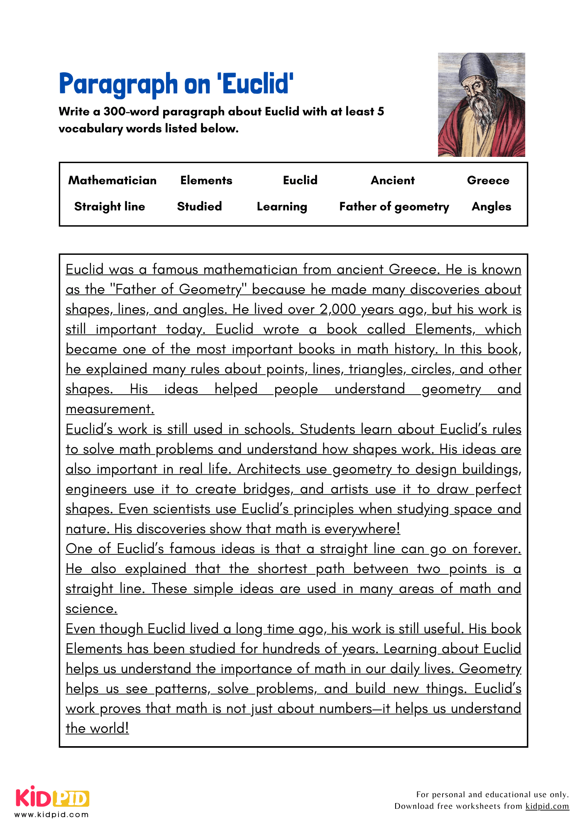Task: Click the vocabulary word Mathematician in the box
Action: point(112,180)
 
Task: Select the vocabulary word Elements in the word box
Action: point(206,180)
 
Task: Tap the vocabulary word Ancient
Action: point(392,180)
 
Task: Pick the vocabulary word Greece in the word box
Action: point(488,180)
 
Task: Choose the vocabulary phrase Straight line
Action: point(110,206)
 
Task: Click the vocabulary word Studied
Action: point(199,206)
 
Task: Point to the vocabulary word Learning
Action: point(282,207)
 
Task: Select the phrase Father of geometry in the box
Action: point(394,207)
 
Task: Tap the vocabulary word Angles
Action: point(491,207)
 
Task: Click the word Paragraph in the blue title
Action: point(118,84)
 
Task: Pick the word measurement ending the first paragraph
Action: point(110,409)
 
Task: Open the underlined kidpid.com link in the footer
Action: point(547,806)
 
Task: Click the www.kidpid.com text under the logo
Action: point(52,814)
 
